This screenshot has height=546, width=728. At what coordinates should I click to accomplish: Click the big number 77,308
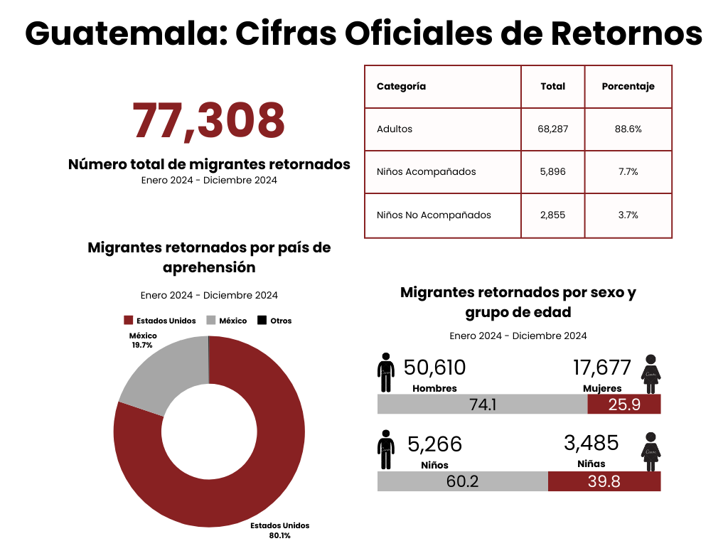pos(209,121)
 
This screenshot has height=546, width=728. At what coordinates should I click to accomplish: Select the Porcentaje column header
pos(628,86)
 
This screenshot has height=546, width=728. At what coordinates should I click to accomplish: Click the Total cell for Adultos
pos(552,129)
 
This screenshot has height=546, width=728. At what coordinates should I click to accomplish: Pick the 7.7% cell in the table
pos(628,172)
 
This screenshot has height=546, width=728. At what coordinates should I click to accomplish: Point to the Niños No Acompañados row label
pos(434,215)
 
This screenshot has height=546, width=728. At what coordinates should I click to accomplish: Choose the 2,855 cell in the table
pos(552,215)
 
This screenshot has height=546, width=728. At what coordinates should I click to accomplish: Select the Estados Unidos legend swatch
pos(129,321)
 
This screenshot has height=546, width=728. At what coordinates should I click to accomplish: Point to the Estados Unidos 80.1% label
pos(280,530)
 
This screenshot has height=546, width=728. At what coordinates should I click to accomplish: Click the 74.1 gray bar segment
pos(482,404)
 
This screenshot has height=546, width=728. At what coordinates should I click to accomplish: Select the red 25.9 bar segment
pos(624,404)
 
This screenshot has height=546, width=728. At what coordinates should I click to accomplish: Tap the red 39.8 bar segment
pos(604,481)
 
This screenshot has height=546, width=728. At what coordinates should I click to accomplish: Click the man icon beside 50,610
pos(386,373)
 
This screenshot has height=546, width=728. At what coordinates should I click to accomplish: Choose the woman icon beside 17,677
pos(650,374)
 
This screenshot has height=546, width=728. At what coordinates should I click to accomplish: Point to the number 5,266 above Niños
pos(434,444)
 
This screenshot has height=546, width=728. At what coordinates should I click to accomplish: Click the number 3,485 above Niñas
pos(591,443)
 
